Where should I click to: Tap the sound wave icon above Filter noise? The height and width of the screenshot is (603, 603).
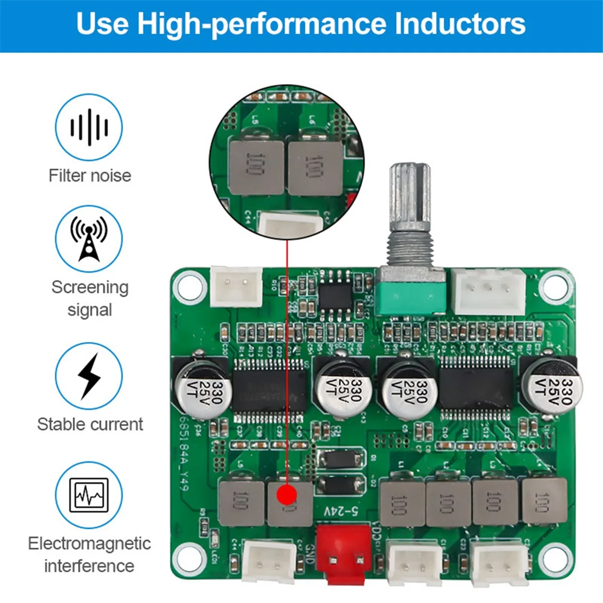pos(89,127)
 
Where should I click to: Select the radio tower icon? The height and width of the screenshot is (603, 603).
pos(89,239)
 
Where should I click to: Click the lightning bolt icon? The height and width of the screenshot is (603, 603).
pos(89,376)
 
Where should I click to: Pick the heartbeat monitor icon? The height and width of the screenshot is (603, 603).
pos(89,495)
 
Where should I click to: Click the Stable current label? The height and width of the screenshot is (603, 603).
pos(90,424)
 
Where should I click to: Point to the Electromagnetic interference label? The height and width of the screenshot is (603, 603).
pos(89,554)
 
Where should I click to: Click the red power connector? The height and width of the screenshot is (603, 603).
pos(345,554)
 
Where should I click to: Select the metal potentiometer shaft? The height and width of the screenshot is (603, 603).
pos(410,201)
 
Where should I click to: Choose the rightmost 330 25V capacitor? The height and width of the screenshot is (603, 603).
pos(551,384)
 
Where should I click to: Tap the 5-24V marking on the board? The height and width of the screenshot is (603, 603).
pos(341,512)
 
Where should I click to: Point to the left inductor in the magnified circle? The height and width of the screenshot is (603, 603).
pos(256,166)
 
